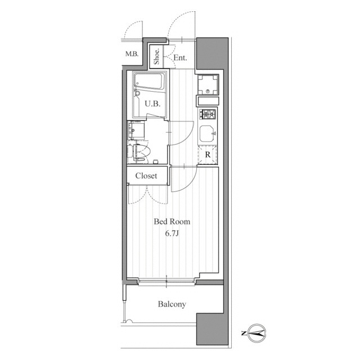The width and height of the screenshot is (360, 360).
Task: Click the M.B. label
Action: pyautogui.click(x=132, y=54)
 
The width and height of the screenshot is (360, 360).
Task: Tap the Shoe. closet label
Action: pyautogui.click(x=156, y=57)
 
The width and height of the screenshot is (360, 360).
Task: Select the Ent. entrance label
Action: pyautogui.click(x=180, y=57)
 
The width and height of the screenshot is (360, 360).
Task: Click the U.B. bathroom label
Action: pyautogui.click(x=152, y=103)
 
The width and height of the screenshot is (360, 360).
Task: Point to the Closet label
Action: pyautogui.click(x=146, y=176)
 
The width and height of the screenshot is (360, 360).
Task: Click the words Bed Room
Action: pyautogui.click(x=172, y=222)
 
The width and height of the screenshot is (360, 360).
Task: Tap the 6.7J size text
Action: pyautogui.click(x=172, y=233)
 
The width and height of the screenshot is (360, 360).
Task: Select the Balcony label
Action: pyautogui.click(x=172, y=304)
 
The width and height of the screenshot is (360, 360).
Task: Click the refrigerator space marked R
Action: pyautogui.click(x=208, y=155)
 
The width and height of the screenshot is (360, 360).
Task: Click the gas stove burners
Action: pyautogui.click(x=208, y=114)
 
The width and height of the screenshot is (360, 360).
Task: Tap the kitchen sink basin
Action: pyautogui.click(x=208, y=133)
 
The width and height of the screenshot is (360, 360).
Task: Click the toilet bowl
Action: pyautogui.click(x=142, y=152)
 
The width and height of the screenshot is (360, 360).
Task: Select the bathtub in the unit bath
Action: pyautogui.click(x=150, y=81)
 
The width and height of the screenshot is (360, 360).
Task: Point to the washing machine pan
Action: pyautogui.click(x=208, y=84)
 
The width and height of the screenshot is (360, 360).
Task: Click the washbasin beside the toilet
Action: pyautogui.click(x=136, y=130)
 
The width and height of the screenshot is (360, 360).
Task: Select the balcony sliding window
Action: pyautogui.click(x=166, y=282)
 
